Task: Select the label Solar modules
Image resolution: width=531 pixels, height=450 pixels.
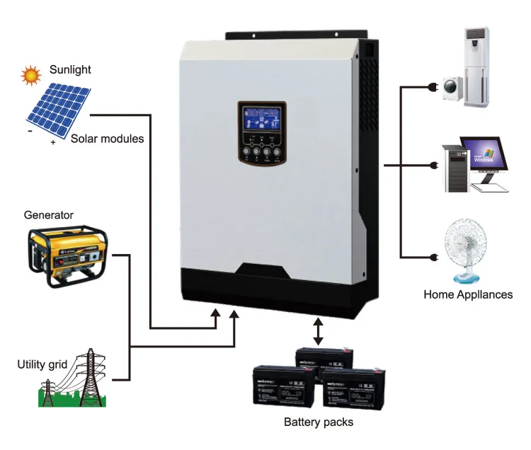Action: tap(107, 139)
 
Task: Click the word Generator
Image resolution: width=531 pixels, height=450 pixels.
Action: tap(49, 214)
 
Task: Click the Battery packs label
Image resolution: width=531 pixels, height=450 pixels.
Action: tap(318, 422)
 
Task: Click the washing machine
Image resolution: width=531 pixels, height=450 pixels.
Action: tap(452, 91)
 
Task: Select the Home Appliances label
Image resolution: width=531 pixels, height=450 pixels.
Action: tap(468, 294)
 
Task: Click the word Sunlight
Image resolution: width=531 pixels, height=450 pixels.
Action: tap(71, 69)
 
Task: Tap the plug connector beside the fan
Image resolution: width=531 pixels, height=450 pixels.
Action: tap(433, 258)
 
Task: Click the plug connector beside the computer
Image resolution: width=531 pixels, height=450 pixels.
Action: tap(433, 166)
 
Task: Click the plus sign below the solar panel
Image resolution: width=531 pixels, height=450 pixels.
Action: tap(53, 142)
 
